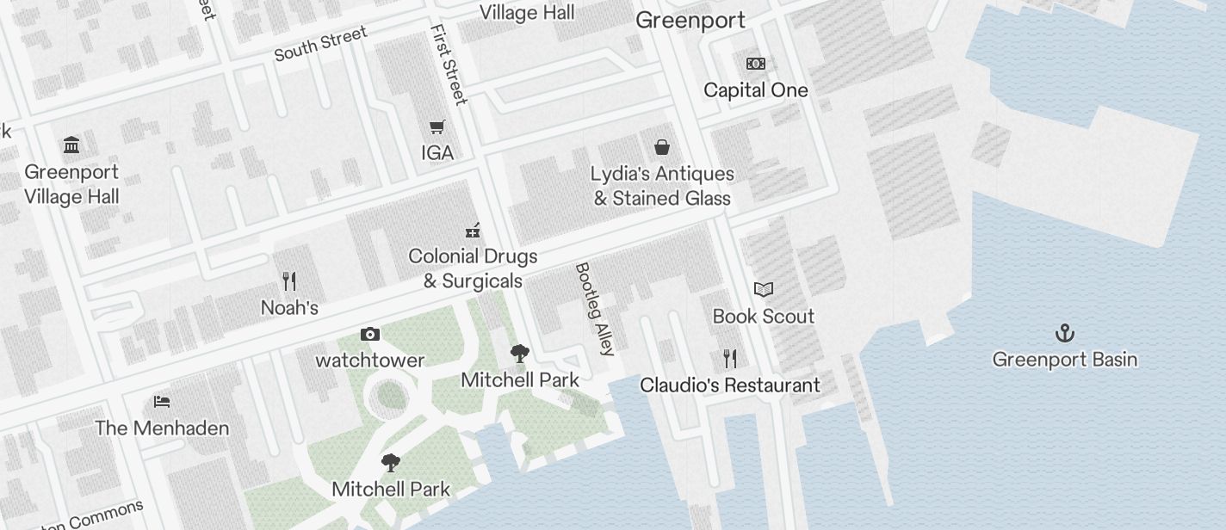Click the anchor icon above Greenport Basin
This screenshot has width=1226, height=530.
pyautogui.click(x=1065, y=333)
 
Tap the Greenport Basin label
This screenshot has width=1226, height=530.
pyautogui.click(x=1065, y=360)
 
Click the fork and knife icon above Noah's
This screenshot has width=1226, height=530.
pyautogui.click(x=289, y=281)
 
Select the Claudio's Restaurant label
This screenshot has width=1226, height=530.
pyautogui.click(x=729, y=385)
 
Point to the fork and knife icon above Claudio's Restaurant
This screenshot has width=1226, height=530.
pyautogui.click(x=729, y=358)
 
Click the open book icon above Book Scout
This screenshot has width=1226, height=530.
pyautogui.click(x=764, y=290)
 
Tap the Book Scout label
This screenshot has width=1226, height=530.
pyautogui.click(x=764, y=317)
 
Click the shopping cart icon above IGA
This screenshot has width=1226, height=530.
pyautogui.click(x=437, y=127)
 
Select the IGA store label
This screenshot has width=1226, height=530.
pyautogui.click(x=437, y=153)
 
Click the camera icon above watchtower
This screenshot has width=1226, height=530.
pyautogui.click(x=370, y=334)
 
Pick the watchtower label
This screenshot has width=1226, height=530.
pyautogui.click(x=370, y=361)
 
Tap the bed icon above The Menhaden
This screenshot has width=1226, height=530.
pyautogui.click(x=162, y=402)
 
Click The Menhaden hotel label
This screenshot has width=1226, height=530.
pyautogui.click(x=162, y=428)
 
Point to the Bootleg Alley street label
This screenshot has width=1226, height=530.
pyautogui.click(x=596, y=309)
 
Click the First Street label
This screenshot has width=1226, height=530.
pyautogui.click(x=449, y=65)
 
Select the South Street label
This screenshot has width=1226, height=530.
pyautogui.click(x=320, y=43)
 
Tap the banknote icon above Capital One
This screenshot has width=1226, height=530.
pyautogui.click(x=756, y=64)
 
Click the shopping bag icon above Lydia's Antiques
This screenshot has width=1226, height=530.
pyautogui.click(x=662, y=147)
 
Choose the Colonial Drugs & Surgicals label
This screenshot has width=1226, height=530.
pyautogui.click(x=473, y=268)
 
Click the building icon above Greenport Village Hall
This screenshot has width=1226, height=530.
pyautogui.click(x=71, y=145)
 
